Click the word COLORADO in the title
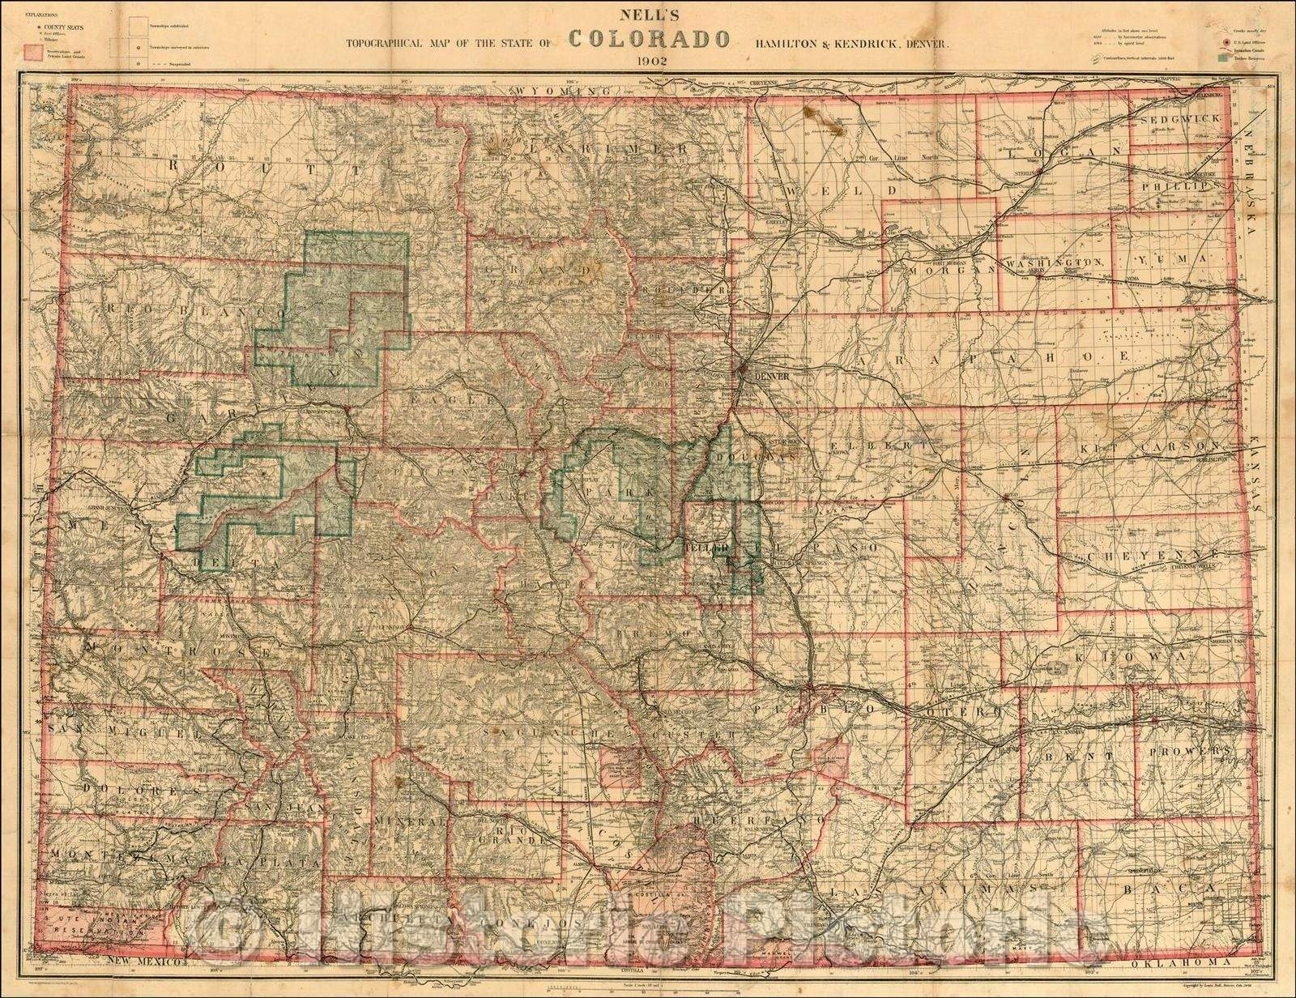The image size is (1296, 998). coord(650,38)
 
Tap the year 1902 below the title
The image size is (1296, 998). coord(650,60)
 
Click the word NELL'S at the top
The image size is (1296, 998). coord(650,14)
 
